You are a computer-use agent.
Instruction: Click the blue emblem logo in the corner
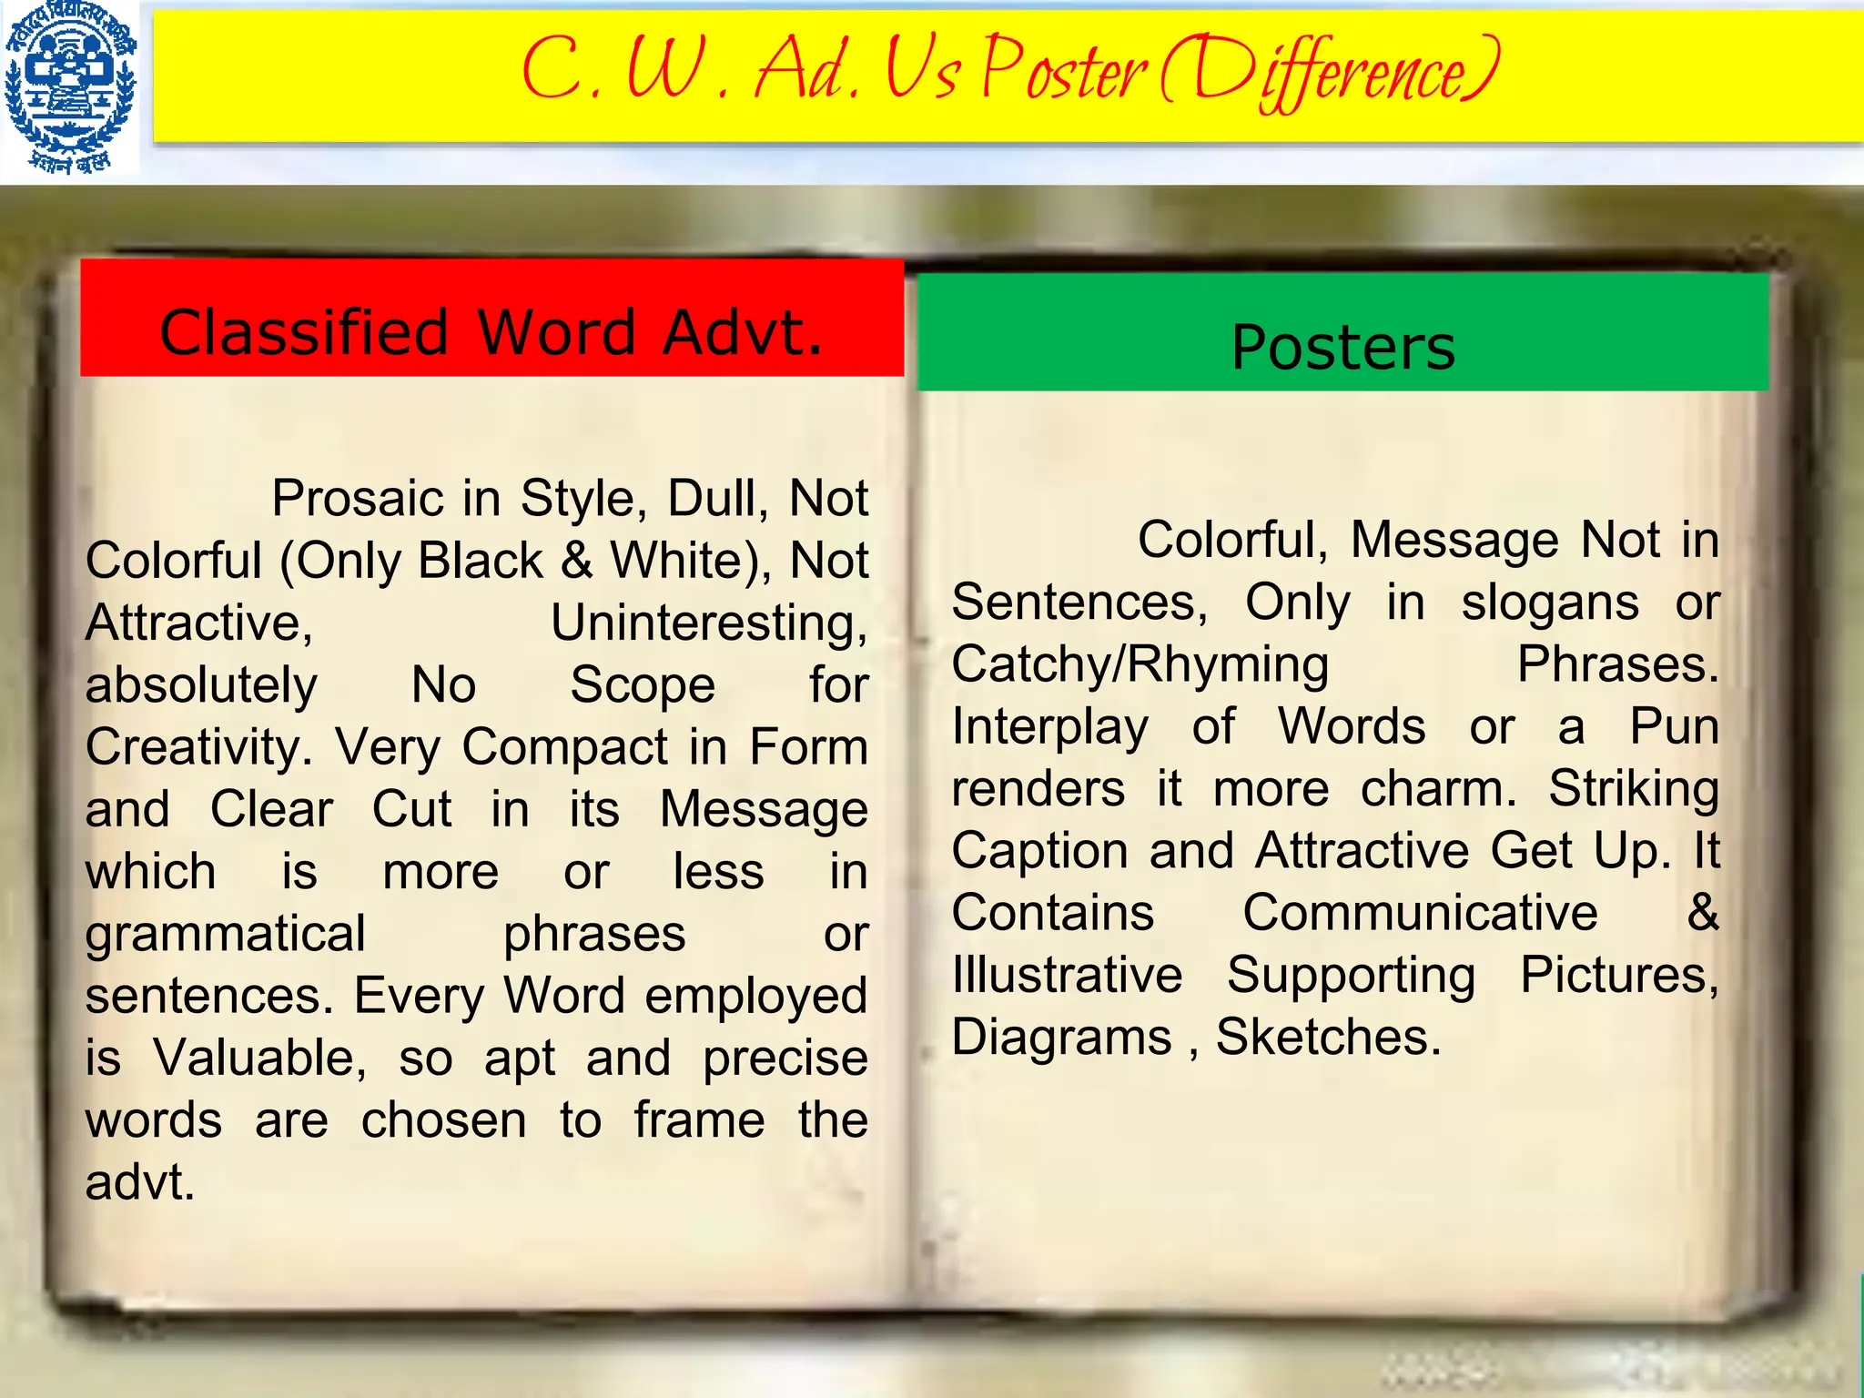70,88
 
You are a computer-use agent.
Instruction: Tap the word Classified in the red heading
304,332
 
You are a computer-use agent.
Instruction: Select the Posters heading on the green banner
1342,348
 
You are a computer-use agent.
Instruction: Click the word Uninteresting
709,623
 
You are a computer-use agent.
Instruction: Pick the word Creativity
198,747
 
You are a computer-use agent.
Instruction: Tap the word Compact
564,747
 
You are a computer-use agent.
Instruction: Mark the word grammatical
225,934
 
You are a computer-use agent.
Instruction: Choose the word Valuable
259,1058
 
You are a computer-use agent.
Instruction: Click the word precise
785,1058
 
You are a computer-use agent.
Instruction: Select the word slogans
1550,603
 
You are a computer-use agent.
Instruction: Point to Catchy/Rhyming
1140,664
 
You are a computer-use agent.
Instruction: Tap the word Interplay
1050,727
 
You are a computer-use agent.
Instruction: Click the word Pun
1674,727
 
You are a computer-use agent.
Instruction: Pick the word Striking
1634,789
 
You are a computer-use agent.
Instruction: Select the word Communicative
1420,913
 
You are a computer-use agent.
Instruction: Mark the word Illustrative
1067,975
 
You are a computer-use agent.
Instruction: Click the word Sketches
1328,1037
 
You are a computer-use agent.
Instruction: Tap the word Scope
643,685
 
